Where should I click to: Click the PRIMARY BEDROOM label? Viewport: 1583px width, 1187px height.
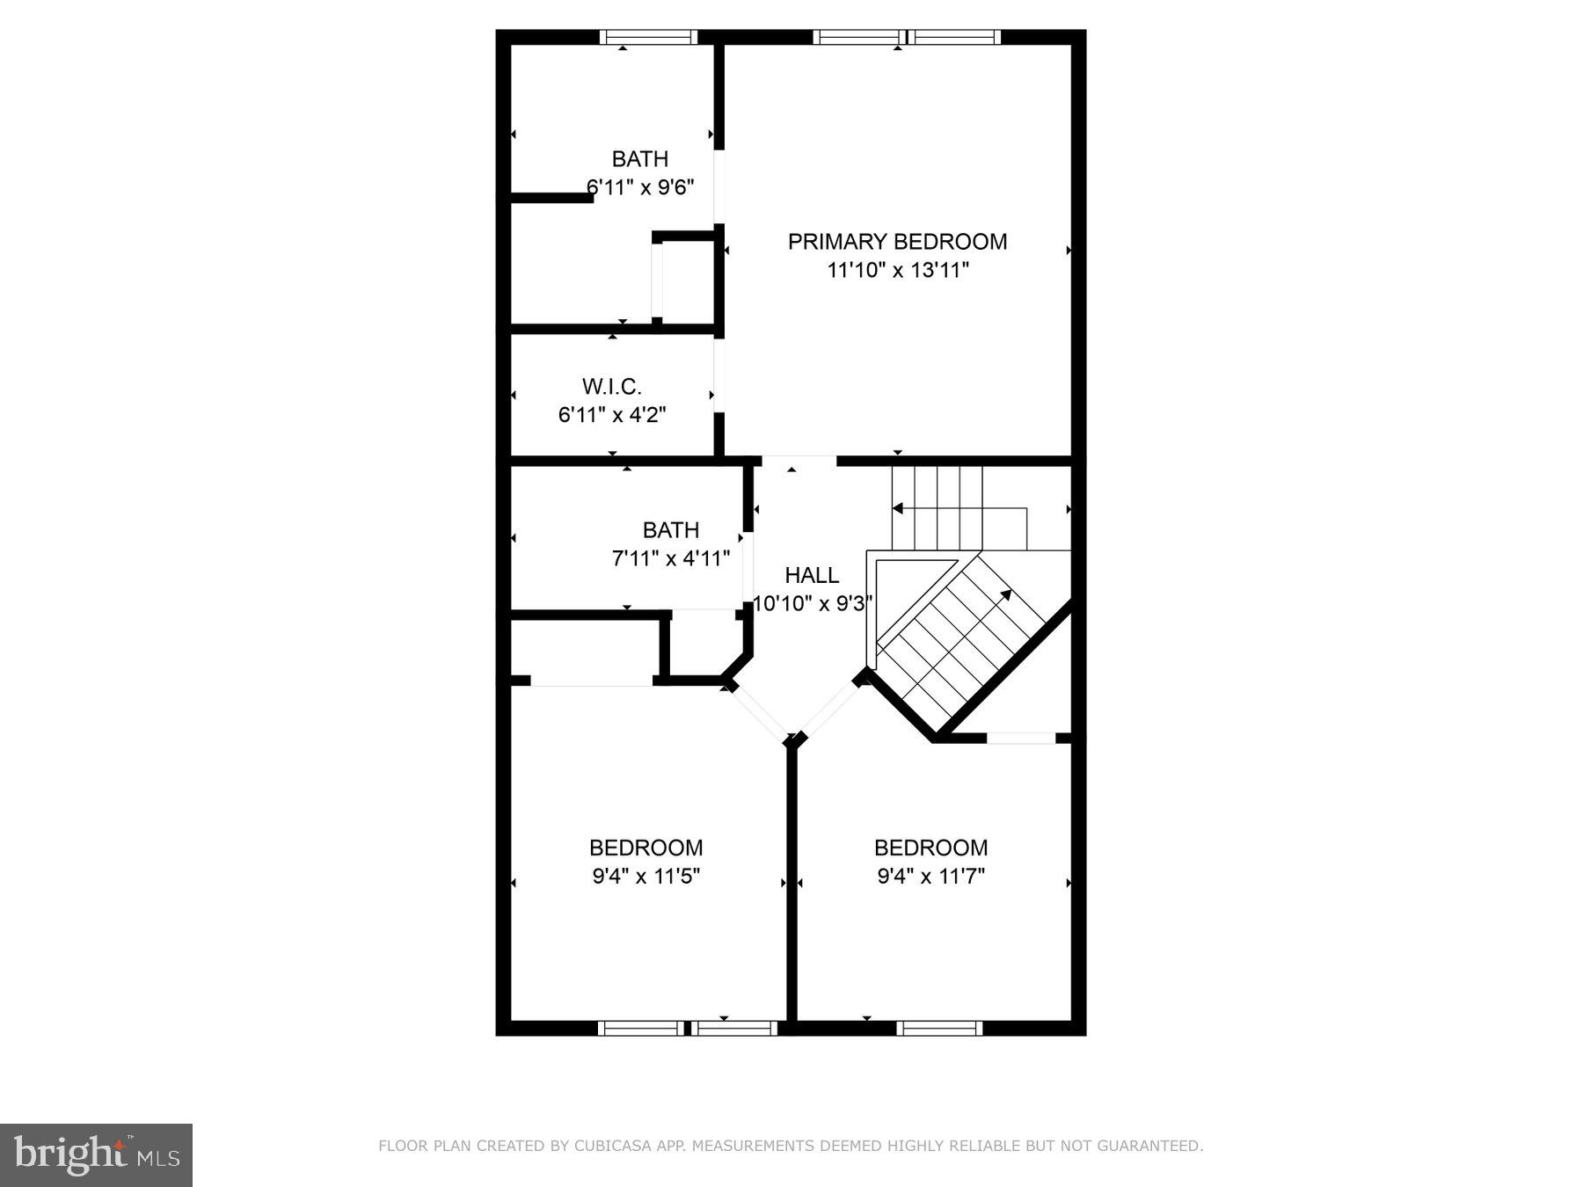pos(897,242)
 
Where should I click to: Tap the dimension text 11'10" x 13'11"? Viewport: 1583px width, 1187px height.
pos(897,270)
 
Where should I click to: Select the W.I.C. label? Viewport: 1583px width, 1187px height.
pos(612,386)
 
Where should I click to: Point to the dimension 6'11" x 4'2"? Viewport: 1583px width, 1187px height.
pos(612,414)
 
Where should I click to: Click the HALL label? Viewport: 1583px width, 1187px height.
pos(812,575)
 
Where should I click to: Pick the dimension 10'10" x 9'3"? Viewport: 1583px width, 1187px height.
pos(813,603)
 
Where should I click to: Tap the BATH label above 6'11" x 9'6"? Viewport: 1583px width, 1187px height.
pos(640,159)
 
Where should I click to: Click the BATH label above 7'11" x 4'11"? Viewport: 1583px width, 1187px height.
pos(671,530)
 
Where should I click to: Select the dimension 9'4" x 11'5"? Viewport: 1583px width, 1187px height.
pos(646,876)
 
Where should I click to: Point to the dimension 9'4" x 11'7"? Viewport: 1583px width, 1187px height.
pos(931,876)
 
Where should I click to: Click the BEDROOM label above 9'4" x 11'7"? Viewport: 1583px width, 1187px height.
pos(931,848)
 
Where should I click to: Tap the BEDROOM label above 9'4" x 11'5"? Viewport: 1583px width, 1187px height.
pos(646,848)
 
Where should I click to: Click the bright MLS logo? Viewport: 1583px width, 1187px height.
pos(96,1155)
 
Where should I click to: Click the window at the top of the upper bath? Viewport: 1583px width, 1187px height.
pos(648,37)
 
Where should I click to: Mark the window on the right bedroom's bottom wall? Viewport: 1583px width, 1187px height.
pos(939,1028)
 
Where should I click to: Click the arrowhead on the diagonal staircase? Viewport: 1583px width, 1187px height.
pos(1005,595)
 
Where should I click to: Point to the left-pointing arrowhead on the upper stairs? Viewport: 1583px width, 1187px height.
pos(897,508)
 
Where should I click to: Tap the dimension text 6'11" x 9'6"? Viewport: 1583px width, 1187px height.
pos(640,187)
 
